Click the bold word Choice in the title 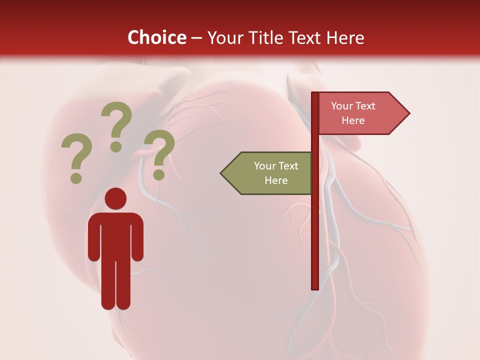156,37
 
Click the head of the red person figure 115,199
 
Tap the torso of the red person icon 115,235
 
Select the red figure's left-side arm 93,237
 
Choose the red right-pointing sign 360,113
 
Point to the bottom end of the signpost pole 315,287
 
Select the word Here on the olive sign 276,180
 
